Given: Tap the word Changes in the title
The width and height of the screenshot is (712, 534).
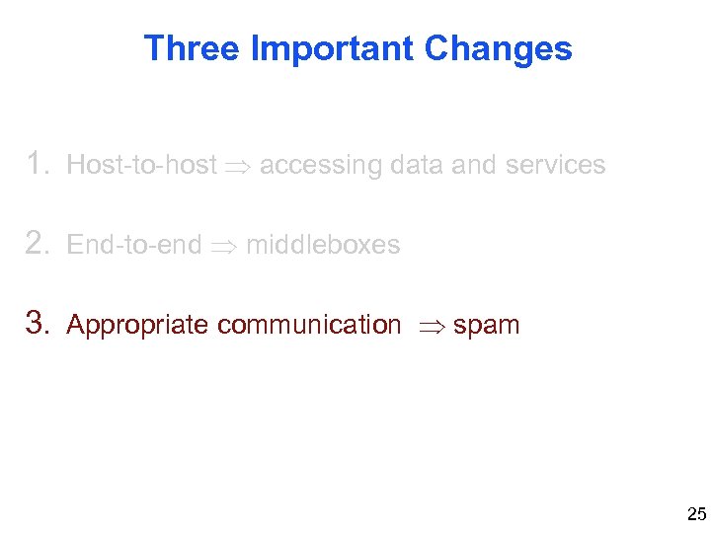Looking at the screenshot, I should click(x=499, y=48).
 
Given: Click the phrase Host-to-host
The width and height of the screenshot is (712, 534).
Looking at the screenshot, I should click(x=141, y=165).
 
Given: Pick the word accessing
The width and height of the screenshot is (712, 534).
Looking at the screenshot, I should click(x=320, y=166).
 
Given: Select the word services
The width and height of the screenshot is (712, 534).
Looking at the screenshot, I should click(x=555, y=165).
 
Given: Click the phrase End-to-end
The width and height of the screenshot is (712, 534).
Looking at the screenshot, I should click(x=133, y=245).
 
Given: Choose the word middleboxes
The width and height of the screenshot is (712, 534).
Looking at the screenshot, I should click(x=323, y=245).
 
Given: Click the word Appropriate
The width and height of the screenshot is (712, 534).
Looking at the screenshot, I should click(x=137, y=325).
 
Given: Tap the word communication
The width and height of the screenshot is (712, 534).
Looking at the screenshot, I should click(x=309, y=325).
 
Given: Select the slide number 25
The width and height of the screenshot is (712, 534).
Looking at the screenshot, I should click(x=696, y=514).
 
